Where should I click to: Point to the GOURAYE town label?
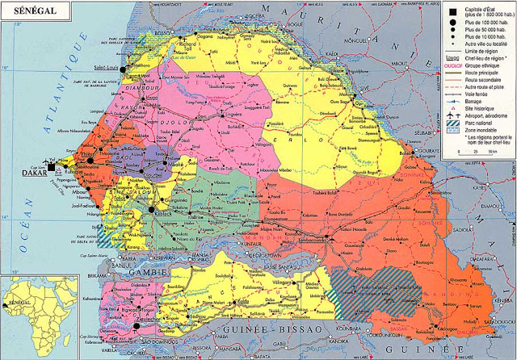click(426, 151)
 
